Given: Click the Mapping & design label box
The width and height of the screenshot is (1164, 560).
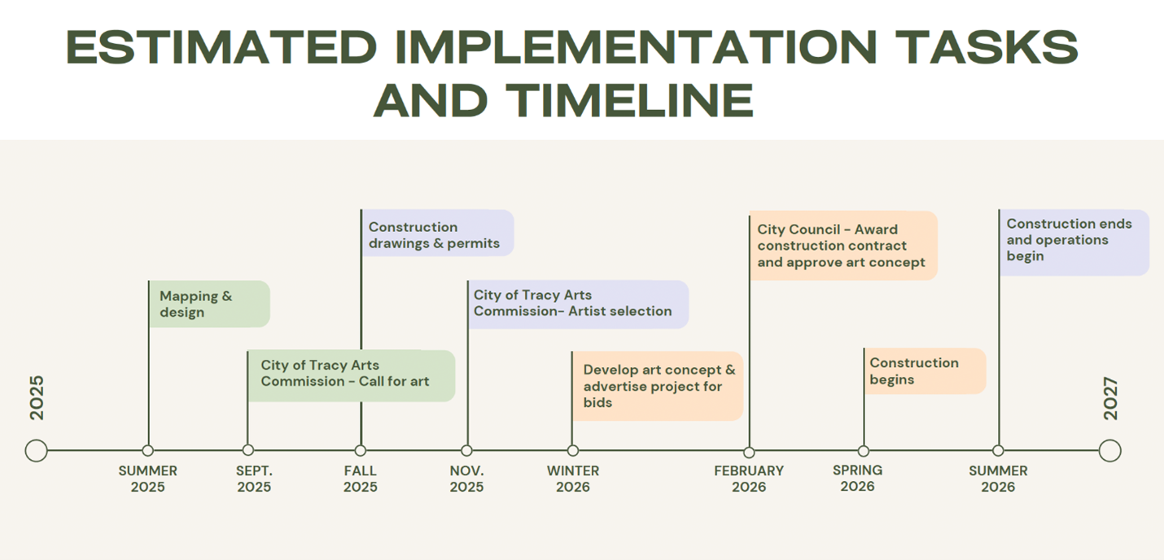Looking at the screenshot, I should coord(209,304).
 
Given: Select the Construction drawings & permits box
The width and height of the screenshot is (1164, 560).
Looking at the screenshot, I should coord(437,234).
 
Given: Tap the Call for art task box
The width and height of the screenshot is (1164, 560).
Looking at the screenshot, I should coord(351,375).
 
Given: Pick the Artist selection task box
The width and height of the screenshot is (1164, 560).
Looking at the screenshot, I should coord(578,304).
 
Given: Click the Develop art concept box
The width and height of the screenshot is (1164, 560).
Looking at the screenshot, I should coord(658,386).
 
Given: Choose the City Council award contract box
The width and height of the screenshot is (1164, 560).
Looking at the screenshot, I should coord(843,246).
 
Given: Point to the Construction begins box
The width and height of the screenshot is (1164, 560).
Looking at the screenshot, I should coord(925,371).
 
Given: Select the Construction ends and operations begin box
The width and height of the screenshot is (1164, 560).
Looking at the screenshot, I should coord(1074,242).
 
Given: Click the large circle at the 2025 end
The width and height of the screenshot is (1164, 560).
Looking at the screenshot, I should coord(36,450).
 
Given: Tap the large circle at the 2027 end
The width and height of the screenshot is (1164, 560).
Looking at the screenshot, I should coord(1109,450).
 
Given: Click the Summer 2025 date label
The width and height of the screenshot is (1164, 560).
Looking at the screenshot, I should coord(147,479).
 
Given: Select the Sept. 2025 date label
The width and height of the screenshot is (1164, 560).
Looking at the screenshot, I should coord(254,479).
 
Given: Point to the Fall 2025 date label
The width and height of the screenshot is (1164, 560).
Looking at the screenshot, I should coord(360,479).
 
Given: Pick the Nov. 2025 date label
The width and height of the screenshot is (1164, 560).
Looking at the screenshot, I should coord(466,479).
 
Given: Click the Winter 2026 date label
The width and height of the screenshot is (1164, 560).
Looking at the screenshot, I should coord(573,479).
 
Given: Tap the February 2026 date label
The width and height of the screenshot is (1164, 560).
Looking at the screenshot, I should coord(749,479).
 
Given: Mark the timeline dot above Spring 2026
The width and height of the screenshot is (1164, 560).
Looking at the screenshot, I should coord(864,451).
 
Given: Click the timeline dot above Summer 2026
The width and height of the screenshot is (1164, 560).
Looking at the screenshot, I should coord(998,451).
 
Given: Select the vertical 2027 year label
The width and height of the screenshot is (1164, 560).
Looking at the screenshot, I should coord(1111,399).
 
